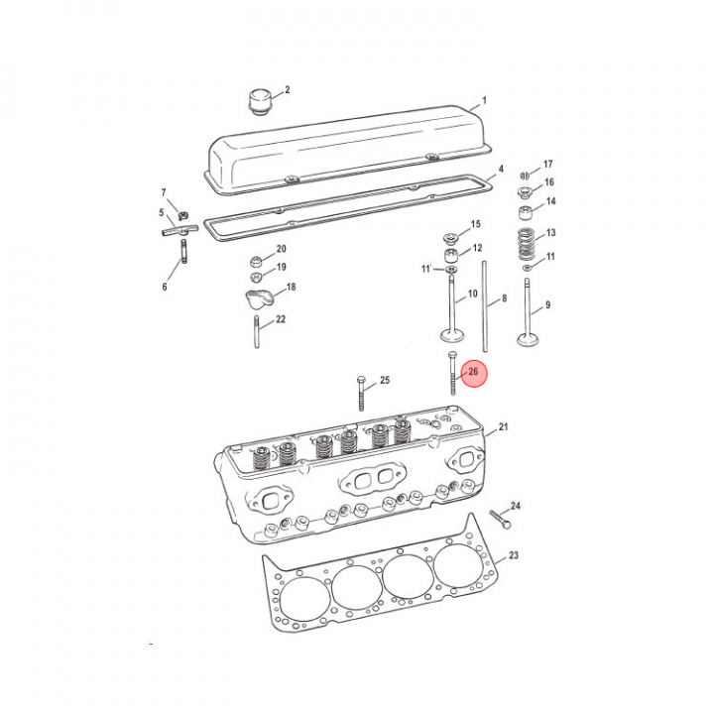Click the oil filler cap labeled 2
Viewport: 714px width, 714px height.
(x=260, y=102)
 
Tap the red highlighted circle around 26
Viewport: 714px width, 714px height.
(x=474, y=374)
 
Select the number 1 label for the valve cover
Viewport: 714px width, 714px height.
(x=485, y=100)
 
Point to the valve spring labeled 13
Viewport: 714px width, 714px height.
(x=527, y=244)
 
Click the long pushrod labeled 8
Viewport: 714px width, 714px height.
(x=485, y=306)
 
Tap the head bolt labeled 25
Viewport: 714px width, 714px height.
(x=361, y=394)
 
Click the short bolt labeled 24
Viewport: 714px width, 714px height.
(x=500, y=519)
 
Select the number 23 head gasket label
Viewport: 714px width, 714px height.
(x=514, y=555)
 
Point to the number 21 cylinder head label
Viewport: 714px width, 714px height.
(x=503, y=427)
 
